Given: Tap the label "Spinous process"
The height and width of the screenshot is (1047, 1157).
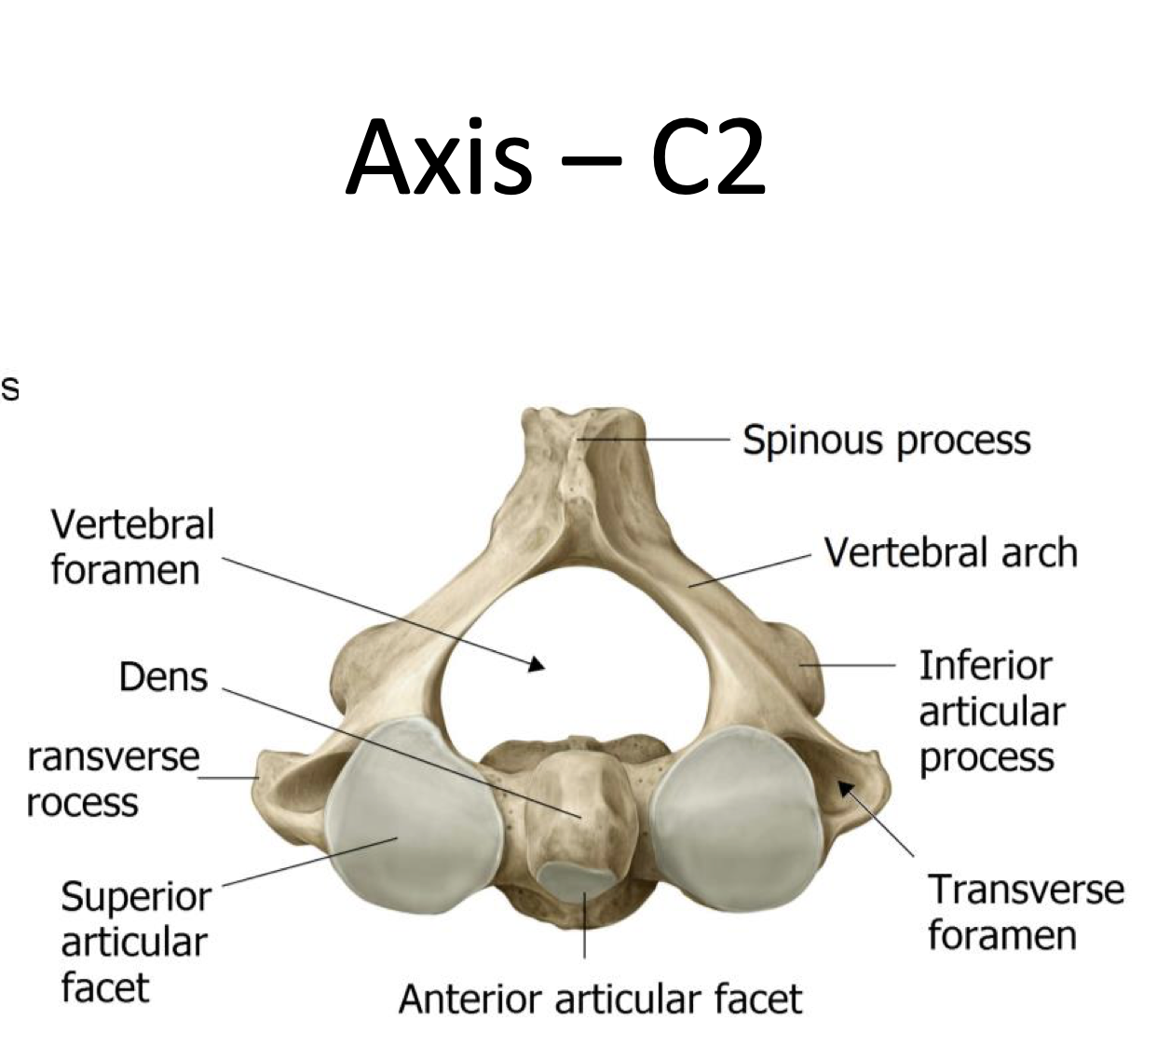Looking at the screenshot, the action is point(886,440).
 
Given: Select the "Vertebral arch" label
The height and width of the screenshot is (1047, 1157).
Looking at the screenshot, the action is point(950,552).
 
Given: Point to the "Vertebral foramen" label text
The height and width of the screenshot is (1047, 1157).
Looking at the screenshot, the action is point(131,547).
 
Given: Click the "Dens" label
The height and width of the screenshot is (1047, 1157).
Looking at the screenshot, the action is point(163,676).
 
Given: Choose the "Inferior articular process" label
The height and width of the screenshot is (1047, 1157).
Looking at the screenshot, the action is point(991,711).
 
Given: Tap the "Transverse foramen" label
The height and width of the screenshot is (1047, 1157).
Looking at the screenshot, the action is point(1025,912).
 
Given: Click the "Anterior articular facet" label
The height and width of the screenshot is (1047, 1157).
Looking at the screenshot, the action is point(600,999).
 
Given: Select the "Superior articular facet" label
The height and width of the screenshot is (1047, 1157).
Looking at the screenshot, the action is point(135,942).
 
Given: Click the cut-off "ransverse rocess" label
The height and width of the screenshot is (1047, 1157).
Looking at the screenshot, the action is point(113,779).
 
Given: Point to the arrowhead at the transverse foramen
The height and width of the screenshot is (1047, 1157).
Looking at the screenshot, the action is point(846,788).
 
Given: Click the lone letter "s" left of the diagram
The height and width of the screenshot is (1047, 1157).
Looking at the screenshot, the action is point(9,388).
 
